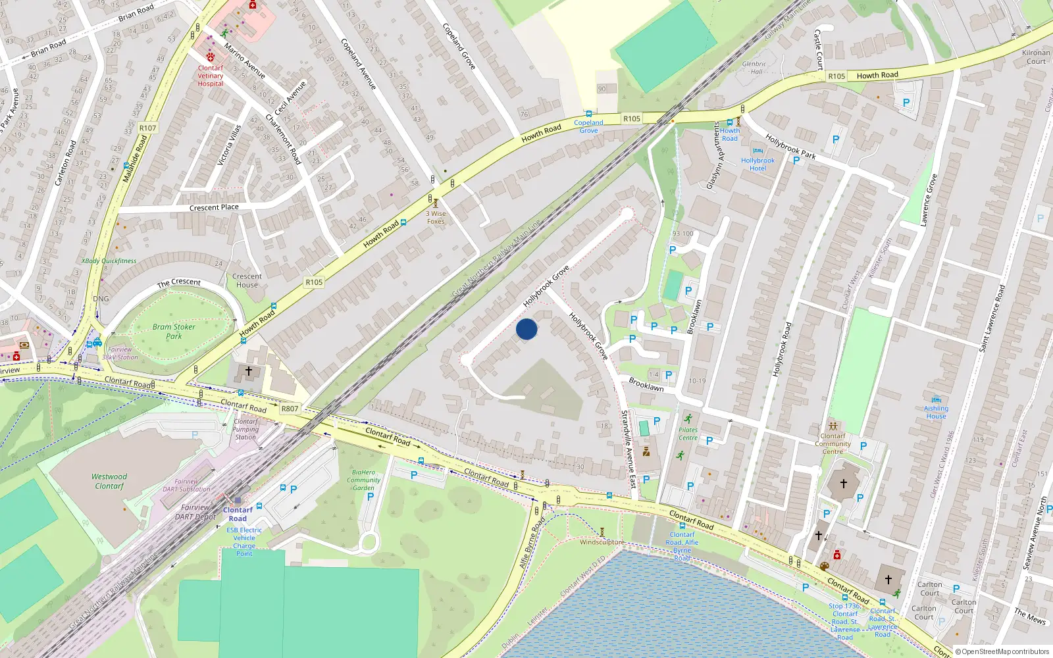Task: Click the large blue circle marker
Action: pyautogui.click(x=526, y=329)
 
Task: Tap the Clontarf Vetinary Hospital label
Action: pyautogui.click(x=211, y=76)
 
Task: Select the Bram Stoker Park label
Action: pyautogui.click(x=174, y=331)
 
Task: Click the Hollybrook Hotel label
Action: pyautogui.click(x=758, y=164)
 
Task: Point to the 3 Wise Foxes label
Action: pyautogui.click(x=436, y=217)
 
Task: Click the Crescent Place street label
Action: pyautogui.click(x=214, y=207)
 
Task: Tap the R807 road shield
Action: pyautogui.click(x=290, y=409)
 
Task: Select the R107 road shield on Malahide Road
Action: pyautogui.click(x=148, y=128)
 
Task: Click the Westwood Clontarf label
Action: pyautogui.click(x=109, y=481)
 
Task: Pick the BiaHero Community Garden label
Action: pyautogui.click(x=363, y=480)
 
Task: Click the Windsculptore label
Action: pyautogui.click(x=602, y=542)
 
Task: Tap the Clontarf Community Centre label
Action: pyautogui.click(x=833, y=443)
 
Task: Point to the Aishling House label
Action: pyautogui.click(x=936, y=412)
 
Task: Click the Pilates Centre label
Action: pyautogui.click(x=688, y=434)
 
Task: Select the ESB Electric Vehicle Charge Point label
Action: pyautogui.click(x=244, y=542)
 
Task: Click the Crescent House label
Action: pyautogui.click(x=247, y=280)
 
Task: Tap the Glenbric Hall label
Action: pyautogui.click(x=754, y=68)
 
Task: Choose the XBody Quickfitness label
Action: pyautogui.click(x=109, y=261)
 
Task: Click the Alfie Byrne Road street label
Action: pyautogui.click(x=532, y=543)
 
